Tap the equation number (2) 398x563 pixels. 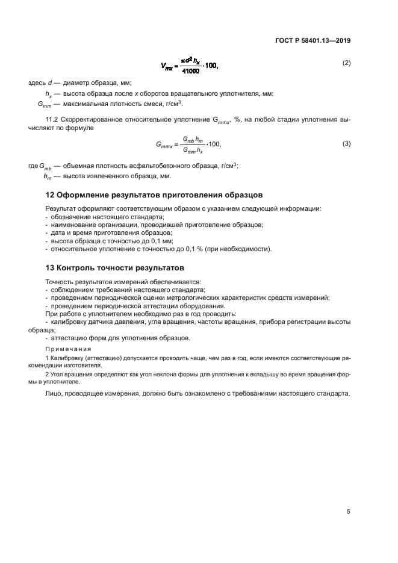point(346,63)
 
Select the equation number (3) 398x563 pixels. point(346,143)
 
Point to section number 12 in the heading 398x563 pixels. point(51,195)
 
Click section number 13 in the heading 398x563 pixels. point(51,267)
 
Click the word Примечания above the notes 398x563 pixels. point(68,349)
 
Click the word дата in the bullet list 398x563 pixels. point(58,232)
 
